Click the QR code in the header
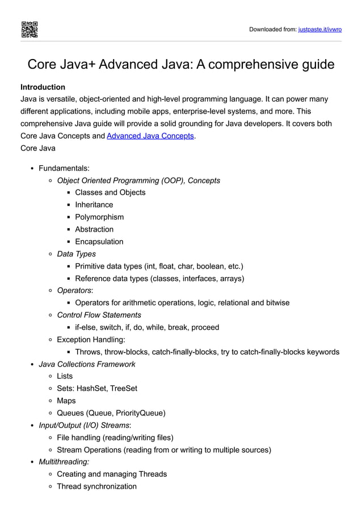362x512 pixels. click(30, 29)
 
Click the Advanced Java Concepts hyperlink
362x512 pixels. click(150, 136)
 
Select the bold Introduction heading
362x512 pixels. click(43, 87)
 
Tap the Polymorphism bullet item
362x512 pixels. click(99, 217)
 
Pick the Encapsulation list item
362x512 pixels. click(99, 242)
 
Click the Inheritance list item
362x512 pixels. click(94, 205)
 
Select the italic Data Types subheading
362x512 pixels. click(76, 254)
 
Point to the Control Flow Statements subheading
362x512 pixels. click(99, 315)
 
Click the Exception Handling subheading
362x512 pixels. click(91, 339)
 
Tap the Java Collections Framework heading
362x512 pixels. click(86, 364)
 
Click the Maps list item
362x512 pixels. click(66, 401)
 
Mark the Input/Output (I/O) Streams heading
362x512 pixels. click(85, 425)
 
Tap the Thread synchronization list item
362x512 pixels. click(96, 486)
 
